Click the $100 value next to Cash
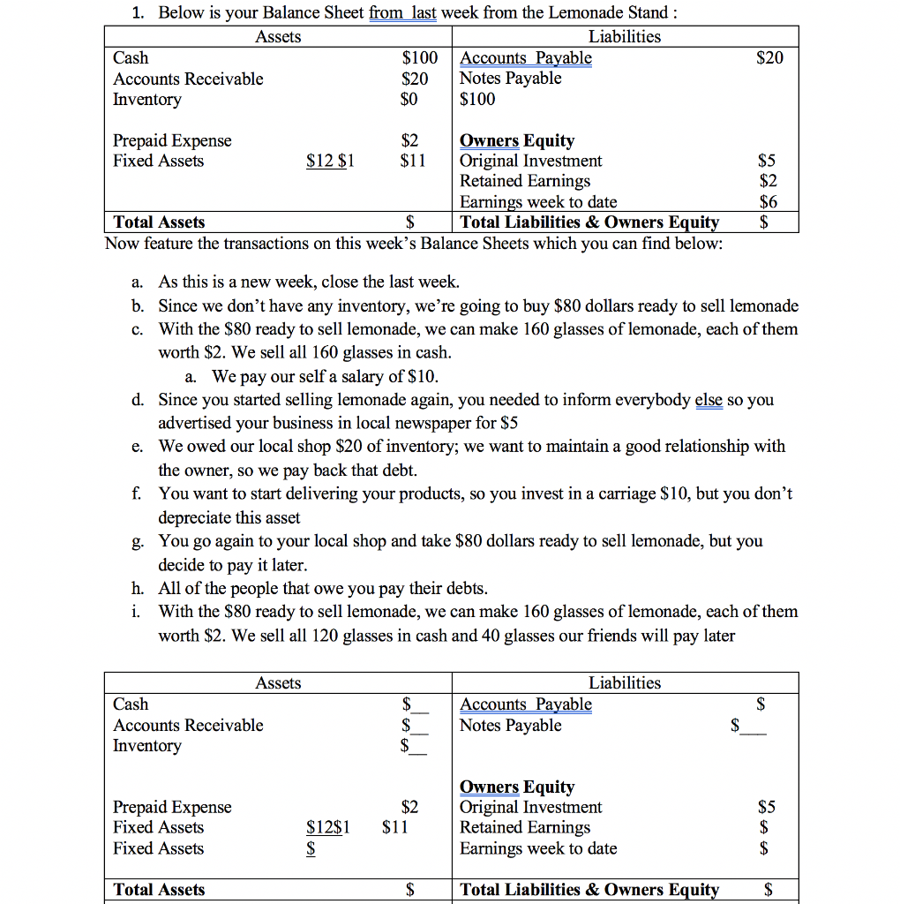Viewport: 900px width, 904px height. coord(419,58)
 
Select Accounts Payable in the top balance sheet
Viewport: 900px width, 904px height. coord(526,58)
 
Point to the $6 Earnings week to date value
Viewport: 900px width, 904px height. coord(769,202)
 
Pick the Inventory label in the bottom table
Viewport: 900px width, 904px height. coord(146,746)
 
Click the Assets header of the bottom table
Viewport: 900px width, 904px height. coord(278,682)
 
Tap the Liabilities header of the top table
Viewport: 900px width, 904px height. coord(624,36)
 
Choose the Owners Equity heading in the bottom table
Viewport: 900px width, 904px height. coord(517,787)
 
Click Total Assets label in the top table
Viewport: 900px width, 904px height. coord(159,222)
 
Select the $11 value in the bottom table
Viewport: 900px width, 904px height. coord(394,827)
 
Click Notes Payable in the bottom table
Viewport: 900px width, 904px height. coord(511,726)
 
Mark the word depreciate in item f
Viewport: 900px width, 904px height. coord(199,517)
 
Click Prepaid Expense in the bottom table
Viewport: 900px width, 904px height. coord(172,807)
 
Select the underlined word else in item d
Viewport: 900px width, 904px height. coord(708,400)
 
